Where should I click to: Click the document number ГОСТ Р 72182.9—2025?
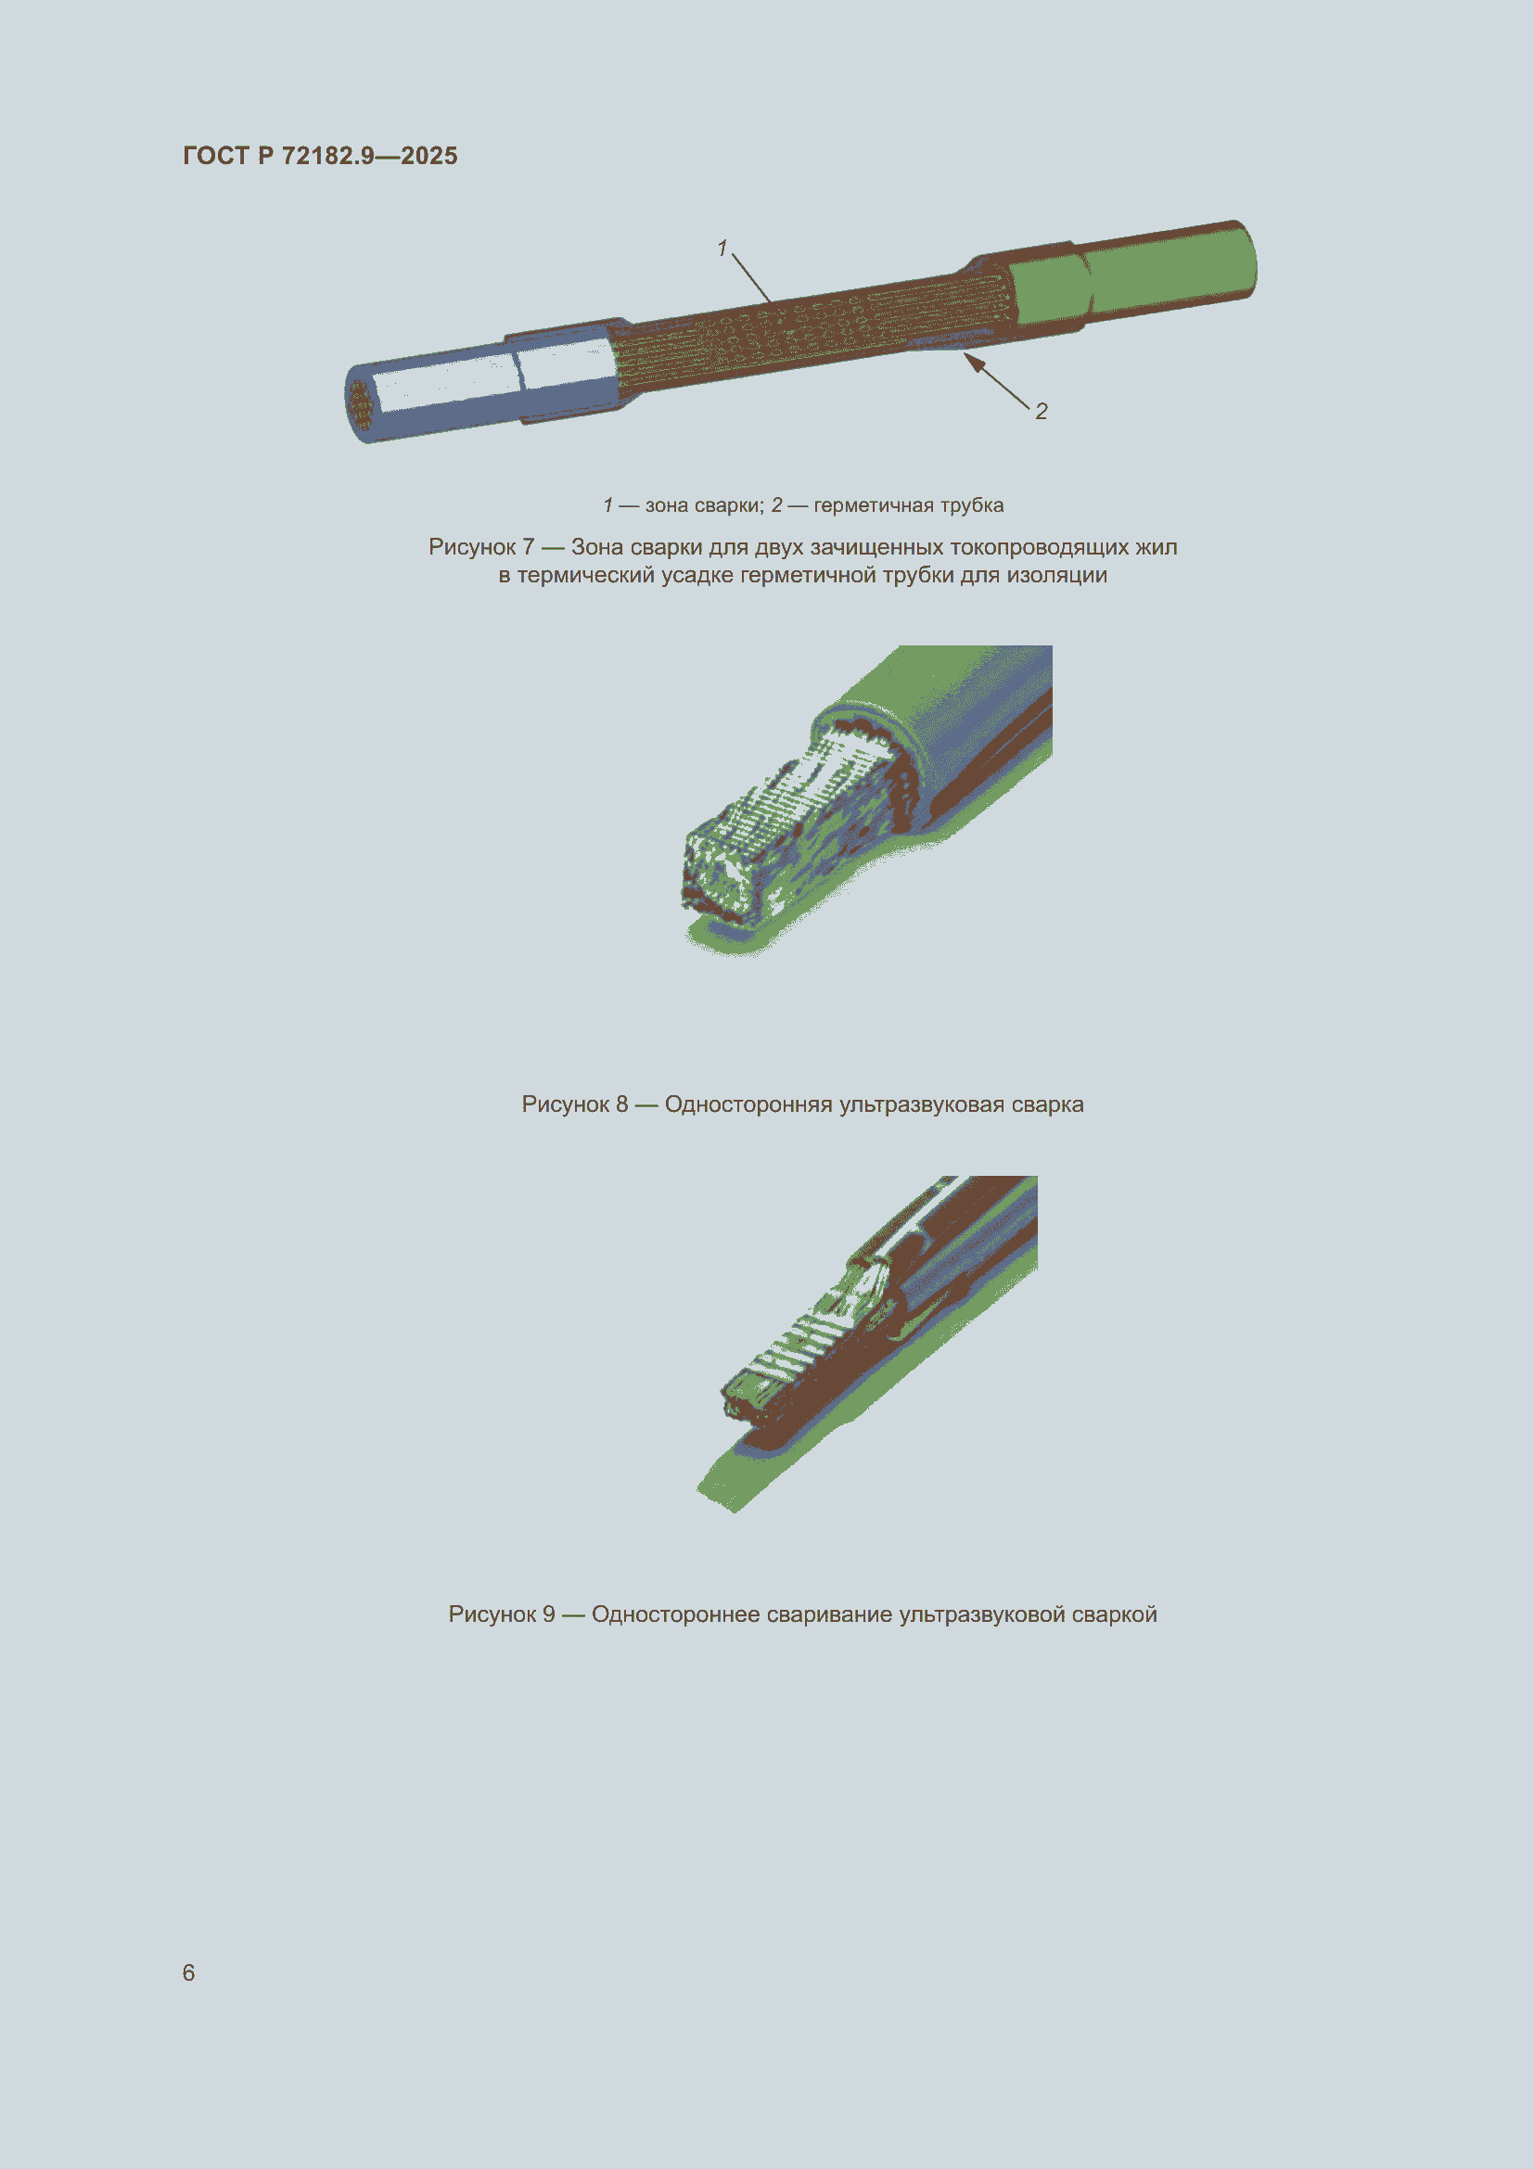point(320,156)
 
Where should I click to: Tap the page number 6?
point(189,1972)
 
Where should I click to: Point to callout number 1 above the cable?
point(722,248)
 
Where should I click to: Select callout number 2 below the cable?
point(1041,411)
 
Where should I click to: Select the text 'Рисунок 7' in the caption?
point(481,547)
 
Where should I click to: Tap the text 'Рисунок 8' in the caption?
point(574,1104)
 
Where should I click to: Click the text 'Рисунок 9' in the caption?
point(502,1614)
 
